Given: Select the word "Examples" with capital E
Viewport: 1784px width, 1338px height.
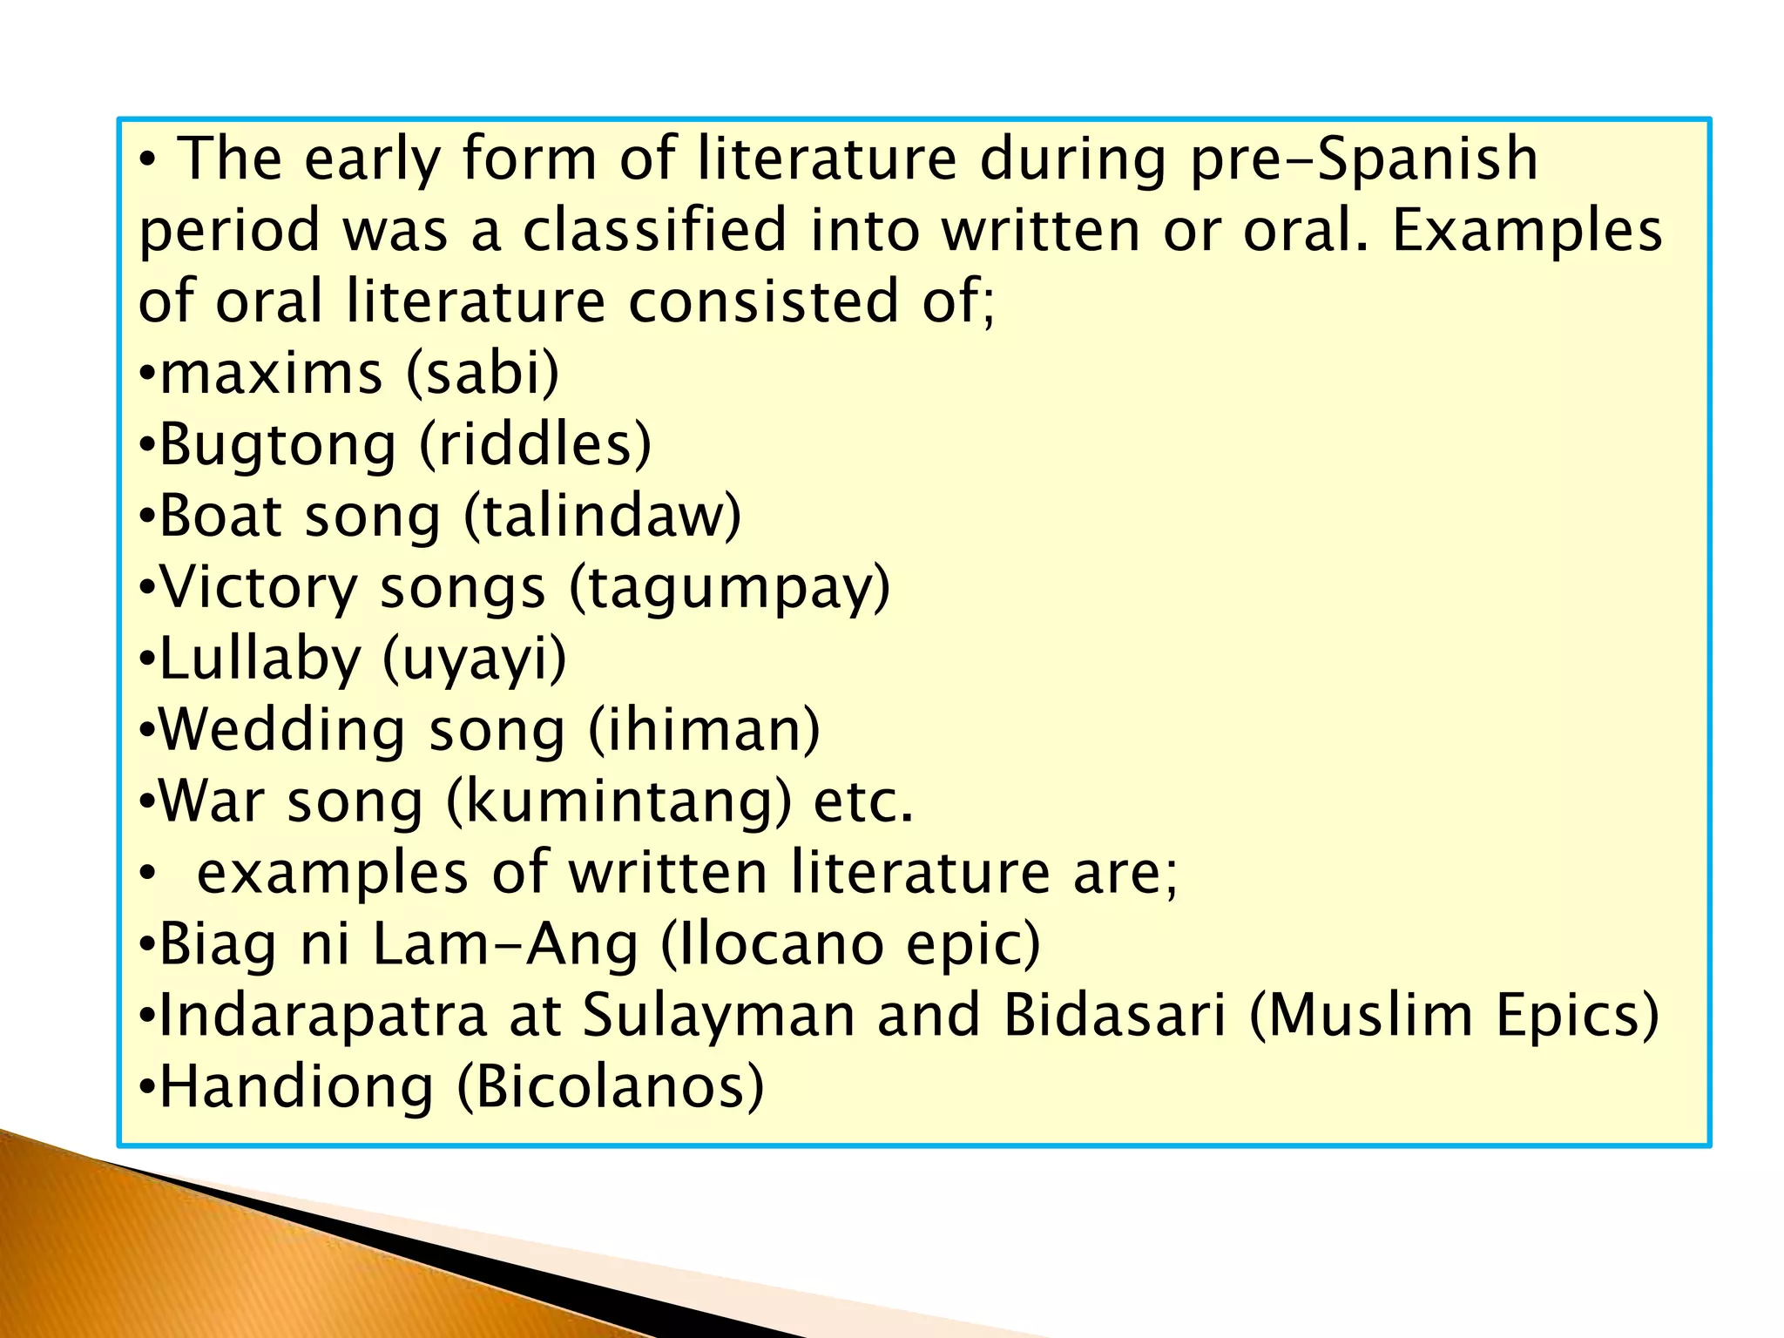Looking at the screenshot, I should point(1527,231).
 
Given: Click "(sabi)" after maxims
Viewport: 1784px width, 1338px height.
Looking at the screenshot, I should point(483,374).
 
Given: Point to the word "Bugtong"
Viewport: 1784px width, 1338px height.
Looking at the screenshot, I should point(278,445).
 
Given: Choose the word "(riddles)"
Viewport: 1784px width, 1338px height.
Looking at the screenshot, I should point(535,445).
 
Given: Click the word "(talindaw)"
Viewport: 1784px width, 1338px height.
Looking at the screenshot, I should point(602,517).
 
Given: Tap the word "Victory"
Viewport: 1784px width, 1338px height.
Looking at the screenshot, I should point(260,588).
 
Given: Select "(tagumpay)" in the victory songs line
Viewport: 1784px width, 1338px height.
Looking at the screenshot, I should point(730,588).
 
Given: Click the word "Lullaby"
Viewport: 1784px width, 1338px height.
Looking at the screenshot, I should point(260,659).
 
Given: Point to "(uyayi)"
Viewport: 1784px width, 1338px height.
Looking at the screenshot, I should point(475,659).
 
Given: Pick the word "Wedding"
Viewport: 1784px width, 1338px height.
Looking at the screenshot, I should point(282,731).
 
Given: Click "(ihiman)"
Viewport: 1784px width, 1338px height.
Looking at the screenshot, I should point(704,731).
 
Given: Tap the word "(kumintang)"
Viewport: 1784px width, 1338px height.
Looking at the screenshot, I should point(618,802).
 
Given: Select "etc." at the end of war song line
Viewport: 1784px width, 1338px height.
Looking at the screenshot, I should point(863,802).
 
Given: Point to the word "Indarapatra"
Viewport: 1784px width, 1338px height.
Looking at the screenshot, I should point(323,1017).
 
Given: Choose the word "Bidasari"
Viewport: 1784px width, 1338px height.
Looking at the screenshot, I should point(1114,1017).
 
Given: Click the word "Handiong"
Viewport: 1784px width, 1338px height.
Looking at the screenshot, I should point(296,1088).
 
